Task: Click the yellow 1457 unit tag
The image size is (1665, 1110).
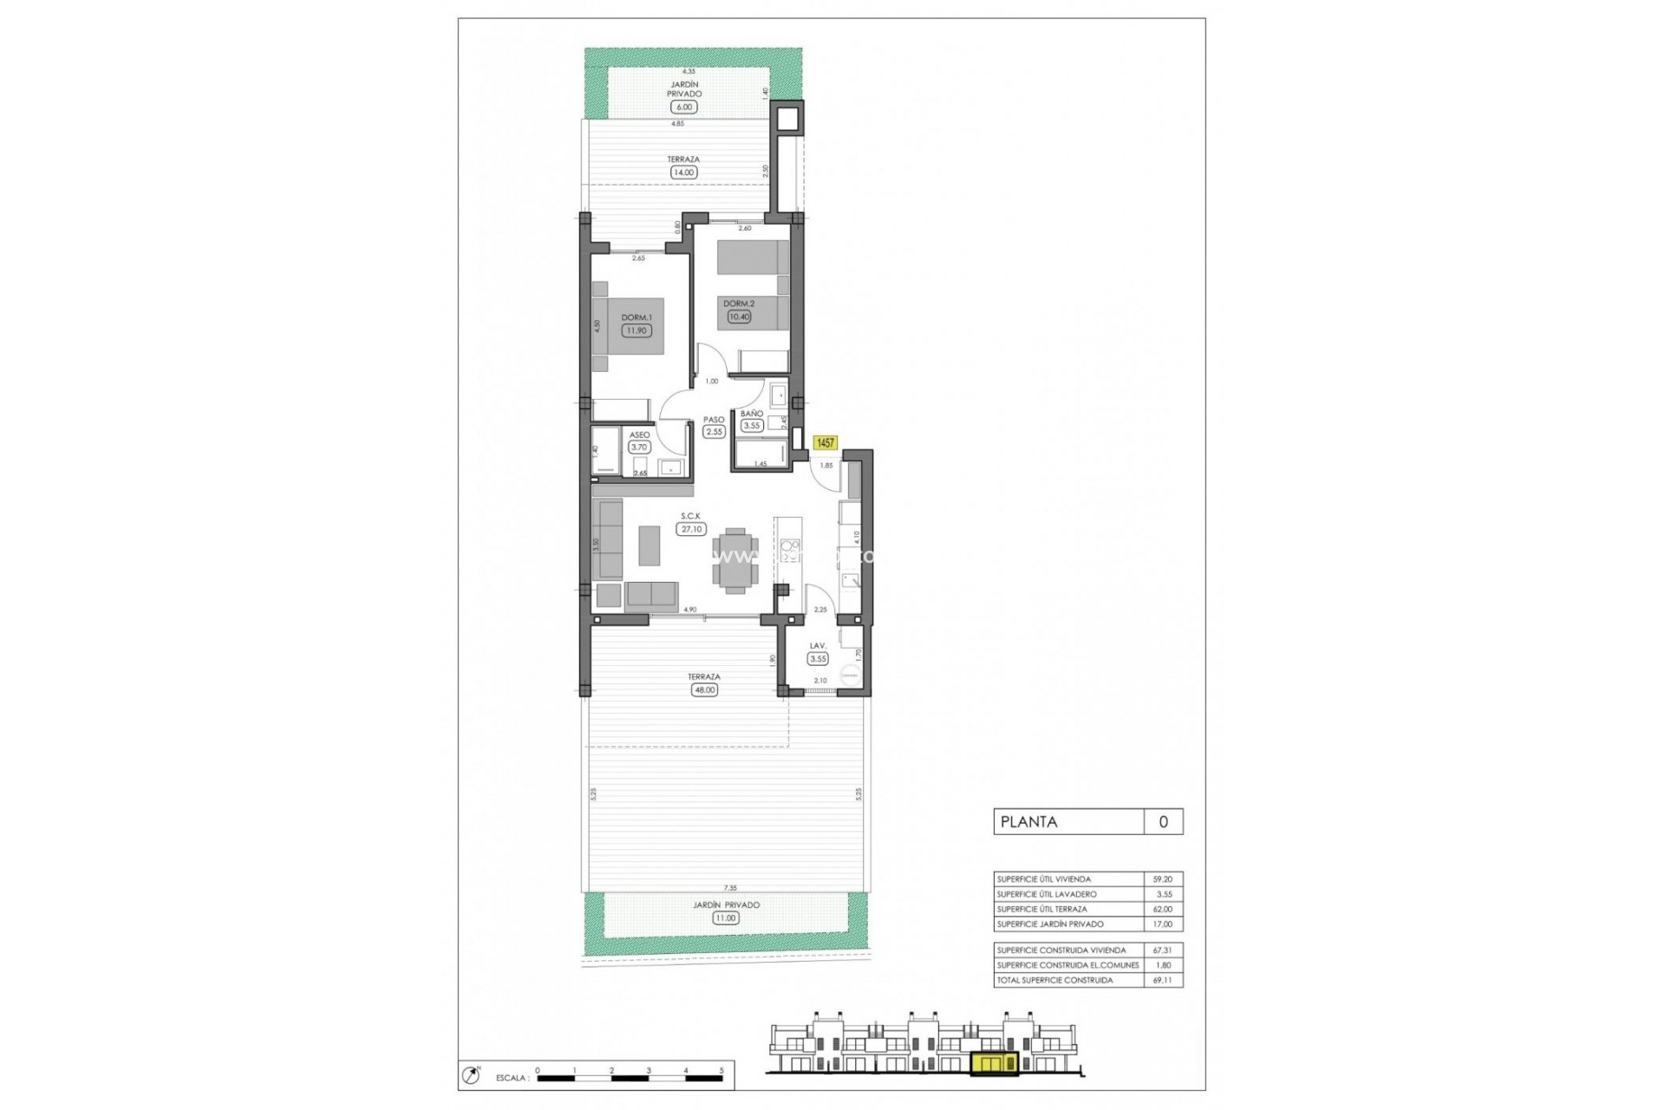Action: tap(825, 443)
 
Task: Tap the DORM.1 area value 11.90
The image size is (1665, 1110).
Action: tap(637, 330)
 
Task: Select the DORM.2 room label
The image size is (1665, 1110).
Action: tap(739, 304)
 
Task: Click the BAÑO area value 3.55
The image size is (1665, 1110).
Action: tap(752, 425)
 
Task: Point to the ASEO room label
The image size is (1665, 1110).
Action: tap(639, 435)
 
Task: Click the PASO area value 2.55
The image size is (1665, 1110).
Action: tap(714, 432)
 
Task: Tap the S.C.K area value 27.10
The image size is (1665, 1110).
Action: tap(691, 529)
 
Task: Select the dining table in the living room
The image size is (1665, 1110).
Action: tap(735, 559)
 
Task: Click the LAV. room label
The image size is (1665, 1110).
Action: tap(818, 646)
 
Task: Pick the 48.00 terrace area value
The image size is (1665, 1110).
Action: tap(704, 690)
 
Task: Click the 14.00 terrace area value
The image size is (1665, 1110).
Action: tap(683, 173)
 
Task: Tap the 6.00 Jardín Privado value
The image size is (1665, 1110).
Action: tap(684, 108)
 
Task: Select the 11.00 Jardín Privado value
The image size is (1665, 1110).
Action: tap(726, 917)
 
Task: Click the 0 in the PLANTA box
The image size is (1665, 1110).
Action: tap(1163, 822)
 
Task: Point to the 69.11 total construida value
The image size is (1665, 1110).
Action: tap(1162, 980)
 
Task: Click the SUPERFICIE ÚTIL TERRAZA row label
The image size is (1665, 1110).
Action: tap(1041, 909)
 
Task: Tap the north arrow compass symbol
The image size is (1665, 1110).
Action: tap(472, 1075)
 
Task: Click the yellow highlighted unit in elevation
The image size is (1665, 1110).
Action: tap(995, 1064)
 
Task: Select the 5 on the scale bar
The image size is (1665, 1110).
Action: tap(721, 1071)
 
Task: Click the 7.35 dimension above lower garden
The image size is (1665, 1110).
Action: tap(730, 888)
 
